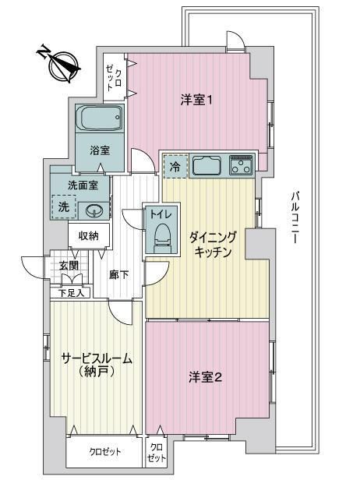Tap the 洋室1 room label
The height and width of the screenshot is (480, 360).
coord(196,100)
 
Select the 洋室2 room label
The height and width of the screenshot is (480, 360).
coord(206,377)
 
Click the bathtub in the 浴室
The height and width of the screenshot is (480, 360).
coord(100,118)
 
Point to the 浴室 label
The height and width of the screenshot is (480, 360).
coord(100,150)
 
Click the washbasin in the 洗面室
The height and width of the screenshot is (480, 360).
coord(93,211)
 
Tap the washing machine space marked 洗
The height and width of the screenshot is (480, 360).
coord(64,207)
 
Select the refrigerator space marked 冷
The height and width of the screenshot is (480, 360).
coord(175,167)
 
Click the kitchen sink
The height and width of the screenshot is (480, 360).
coord(206,166)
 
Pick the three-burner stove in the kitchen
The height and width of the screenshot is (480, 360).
coord(242,166)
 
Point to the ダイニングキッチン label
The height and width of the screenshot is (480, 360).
coord(213,245)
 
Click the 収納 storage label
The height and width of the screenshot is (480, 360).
coord(89,235)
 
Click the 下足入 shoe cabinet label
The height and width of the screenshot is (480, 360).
coord(71,293)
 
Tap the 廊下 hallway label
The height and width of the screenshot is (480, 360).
coord(119,275)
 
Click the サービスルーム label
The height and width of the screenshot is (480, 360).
coord(97,358)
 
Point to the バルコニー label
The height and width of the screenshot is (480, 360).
coord(295,217)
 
